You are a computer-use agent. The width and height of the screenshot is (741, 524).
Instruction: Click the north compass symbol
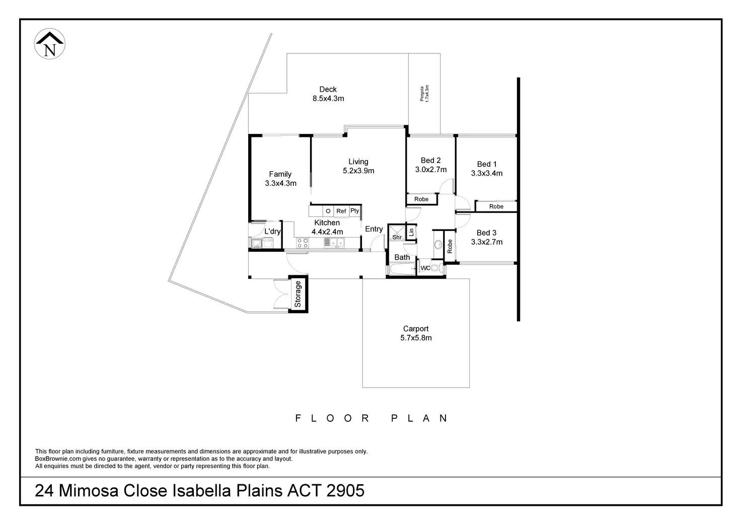(49, 44)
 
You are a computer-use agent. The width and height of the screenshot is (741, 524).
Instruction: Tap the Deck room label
(328, 90)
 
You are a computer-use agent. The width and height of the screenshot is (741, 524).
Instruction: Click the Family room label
(280, 174)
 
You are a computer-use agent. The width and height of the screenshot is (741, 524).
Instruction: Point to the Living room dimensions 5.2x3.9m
(358, 171)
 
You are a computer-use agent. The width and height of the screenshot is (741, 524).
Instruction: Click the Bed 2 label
(431, 161)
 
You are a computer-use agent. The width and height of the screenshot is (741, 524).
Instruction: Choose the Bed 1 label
(487, 164)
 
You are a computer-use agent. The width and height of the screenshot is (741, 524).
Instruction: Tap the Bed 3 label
(487, 233)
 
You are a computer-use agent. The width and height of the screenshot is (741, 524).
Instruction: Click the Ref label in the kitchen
(341, 211)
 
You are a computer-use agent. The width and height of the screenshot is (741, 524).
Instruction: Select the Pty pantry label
(355, 211)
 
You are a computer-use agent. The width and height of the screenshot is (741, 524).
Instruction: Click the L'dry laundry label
(272, 232)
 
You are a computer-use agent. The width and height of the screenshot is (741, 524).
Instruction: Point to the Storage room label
(298, 294)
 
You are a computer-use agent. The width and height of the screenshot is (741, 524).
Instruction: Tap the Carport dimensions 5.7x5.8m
(416, 338)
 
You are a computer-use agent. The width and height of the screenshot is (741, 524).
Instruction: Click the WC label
(425, 268)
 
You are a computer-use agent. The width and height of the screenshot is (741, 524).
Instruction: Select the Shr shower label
(397, 237)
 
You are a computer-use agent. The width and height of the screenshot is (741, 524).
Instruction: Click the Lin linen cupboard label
(411, 232)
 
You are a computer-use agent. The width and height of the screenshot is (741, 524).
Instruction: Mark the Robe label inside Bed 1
(496, 206)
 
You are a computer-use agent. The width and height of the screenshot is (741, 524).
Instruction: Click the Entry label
(374, 229)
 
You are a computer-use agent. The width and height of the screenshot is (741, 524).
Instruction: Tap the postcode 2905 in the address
(345, 491)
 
